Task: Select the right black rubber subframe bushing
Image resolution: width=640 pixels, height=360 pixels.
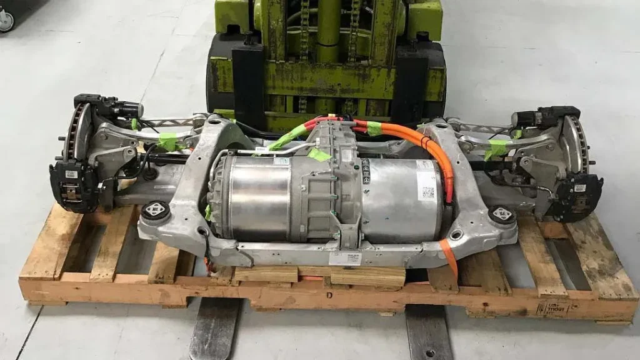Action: point(502,214)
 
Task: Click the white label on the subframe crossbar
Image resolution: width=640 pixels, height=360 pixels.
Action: point(344,257)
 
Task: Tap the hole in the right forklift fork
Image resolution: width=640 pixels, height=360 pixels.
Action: point(429,353)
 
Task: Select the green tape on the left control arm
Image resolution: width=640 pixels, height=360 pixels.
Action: point(167,142)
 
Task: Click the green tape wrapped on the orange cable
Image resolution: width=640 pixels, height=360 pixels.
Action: point(374,128)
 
